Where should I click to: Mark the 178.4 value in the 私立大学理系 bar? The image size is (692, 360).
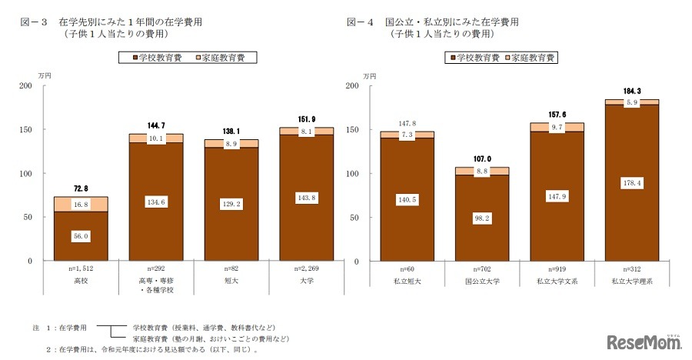[631, 182]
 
